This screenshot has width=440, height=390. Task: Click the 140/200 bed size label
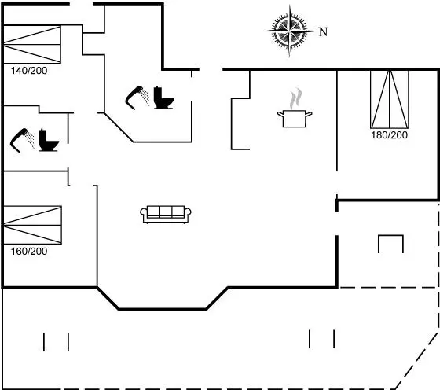[29, 71]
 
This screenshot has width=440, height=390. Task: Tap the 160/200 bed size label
[29, 252]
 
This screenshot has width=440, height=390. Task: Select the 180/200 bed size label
[389, 135]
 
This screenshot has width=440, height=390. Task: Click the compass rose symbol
[290, 31]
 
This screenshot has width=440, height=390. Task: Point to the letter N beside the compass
[323, 31]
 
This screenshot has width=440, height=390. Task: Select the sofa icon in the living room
[166, 215]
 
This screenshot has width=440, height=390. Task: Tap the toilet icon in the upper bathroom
[163, 97]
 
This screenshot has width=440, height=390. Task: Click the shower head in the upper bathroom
[137, 97]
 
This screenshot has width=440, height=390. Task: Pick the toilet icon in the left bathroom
[49, 140]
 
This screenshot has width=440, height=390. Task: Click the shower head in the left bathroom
[22, 141]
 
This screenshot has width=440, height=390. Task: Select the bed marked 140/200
[32, 44]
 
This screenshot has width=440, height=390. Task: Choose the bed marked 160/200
[32, 225]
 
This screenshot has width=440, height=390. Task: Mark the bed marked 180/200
[390, 99]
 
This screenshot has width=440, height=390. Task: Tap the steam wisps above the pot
[295, 98]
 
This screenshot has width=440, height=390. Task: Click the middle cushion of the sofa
[166, 212]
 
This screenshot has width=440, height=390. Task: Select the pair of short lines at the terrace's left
[56, 342]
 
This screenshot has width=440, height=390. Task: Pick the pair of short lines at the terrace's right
[321, 339]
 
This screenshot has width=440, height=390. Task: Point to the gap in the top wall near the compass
[211, 69]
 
